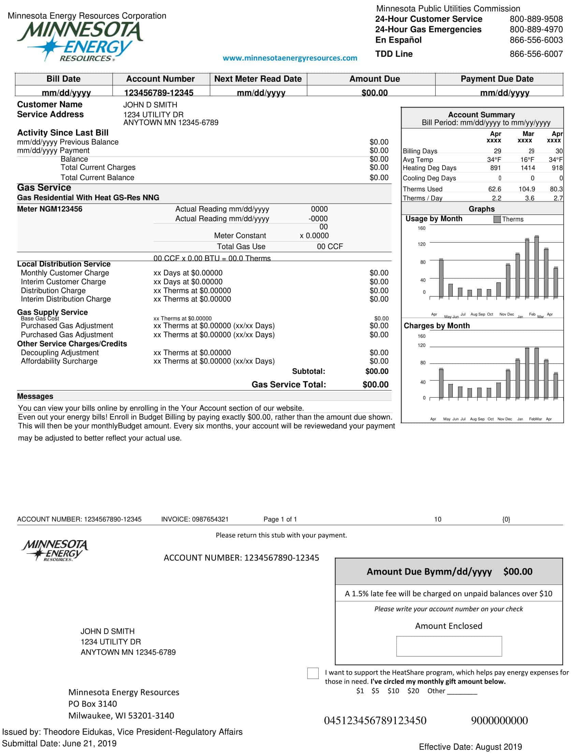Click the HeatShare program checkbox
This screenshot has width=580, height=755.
click(313, 673)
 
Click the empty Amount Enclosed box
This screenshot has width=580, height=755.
click(449, 646)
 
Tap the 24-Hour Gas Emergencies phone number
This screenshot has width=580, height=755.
click(536, 30)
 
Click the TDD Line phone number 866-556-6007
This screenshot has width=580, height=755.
click(536, 54)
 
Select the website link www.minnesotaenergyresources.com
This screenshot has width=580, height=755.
click(290, 58)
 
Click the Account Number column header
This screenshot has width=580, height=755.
click(160, 79)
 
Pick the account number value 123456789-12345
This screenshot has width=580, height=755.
click(158, 93)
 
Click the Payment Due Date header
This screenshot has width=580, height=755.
click(497, 79)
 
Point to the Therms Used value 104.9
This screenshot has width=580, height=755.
click(526, 189)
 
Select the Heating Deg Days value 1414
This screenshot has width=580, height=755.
click(527, 168)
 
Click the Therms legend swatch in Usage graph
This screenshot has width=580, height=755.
click(497, 220)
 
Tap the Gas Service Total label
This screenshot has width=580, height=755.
click(289, 385)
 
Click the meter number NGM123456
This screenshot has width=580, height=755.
click(50, 209)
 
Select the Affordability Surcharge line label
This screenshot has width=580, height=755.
click(59, 361)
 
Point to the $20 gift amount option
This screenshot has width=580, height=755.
click(413, 691)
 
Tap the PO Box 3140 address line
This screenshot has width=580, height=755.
click(92, 704)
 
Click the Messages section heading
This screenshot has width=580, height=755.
click(35, 397)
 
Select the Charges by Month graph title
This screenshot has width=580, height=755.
click(437, 326)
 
